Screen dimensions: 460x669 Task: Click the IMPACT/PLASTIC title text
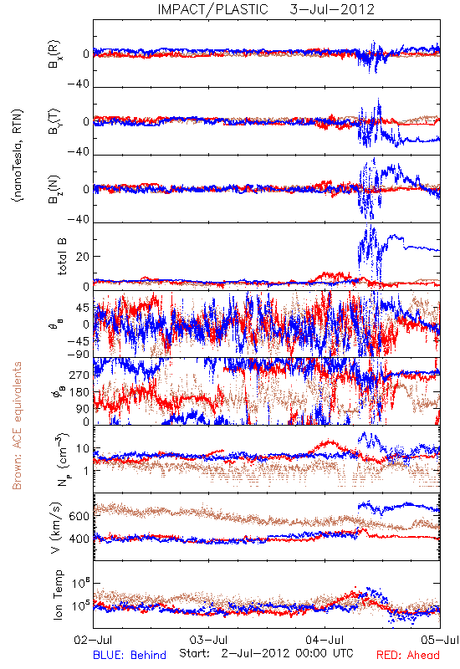click(213, 9)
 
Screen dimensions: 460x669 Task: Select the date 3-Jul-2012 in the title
click(332, 9)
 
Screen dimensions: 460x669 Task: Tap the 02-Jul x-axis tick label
click(93, 640)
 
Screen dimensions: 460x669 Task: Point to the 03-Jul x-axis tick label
click(209, 640)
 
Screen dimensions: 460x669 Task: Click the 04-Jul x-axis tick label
click(325, 640)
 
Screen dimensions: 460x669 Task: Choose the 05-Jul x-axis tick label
click(440, 640)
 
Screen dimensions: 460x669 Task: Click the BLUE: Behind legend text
click(130, 655)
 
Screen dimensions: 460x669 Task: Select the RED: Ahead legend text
click(408, 655)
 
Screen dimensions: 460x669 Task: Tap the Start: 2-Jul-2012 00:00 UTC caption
click(266, 653)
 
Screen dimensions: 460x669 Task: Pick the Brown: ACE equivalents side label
click(17, 426)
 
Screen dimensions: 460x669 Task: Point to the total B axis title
click(62, 257)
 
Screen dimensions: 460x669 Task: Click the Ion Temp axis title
click(58, 595)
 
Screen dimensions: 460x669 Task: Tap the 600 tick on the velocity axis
click(79, 516)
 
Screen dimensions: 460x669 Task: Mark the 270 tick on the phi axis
click(79, 375)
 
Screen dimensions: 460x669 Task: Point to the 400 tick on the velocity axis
click(79, 539)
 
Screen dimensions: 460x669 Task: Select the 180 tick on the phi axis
click(79, 392)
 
